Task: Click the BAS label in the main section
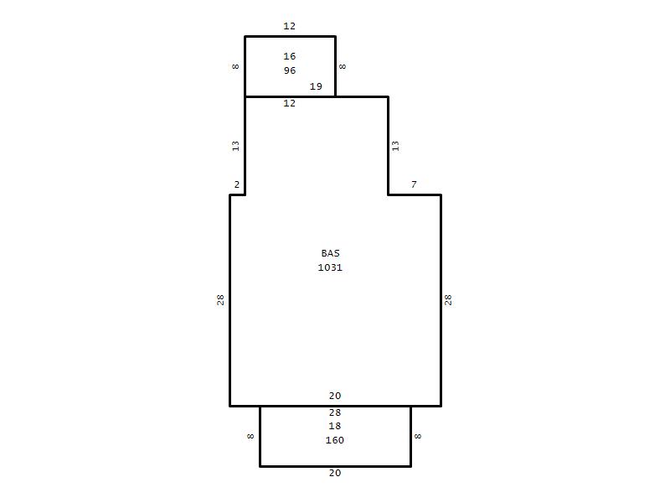[330, 253]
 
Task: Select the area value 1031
[330, 267]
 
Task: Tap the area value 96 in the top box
[290, 70]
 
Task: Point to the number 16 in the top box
[290, 56]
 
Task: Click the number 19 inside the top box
[316, 86]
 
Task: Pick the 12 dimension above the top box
[289, 26]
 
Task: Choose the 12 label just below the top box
[289, 103]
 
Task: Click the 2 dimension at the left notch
[237, 184]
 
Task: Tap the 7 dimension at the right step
[414, 184]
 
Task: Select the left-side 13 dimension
[235, 146]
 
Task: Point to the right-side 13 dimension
[395, 146]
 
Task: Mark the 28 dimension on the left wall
[220, 300]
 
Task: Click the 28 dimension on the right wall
[448, 300]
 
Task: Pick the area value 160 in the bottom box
[334, 440]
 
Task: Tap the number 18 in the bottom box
[334, 426]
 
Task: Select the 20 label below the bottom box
[335, 473]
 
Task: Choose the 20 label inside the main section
[335, 396]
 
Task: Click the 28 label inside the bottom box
[335, 412]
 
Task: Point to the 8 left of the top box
[235, 66]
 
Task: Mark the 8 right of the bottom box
[418, 436]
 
